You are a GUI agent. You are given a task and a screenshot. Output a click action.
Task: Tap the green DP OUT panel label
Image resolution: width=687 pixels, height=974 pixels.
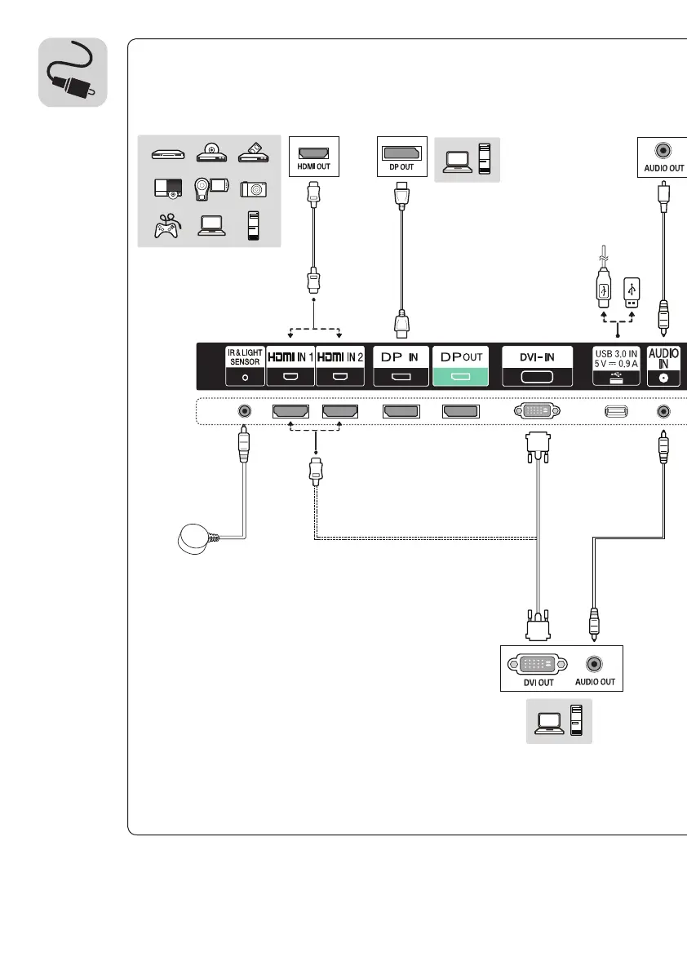pos(459,365)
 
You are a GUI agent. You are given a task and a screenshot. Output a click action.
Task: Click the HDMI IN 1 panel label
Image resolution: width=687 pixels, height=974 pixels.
pos(290,365)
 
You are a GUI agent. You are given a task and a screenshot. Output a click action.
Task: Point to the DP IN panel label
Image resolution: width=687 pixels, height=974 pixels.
pos(401,365)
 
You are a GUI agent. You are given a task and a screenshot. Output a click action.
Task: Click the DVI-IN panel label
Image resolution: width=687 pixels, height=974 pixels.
pos(538,365)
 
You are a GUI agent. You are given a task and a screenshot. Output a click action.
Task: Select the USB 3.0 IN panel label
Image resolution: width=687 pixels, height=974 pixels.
pos(616,365)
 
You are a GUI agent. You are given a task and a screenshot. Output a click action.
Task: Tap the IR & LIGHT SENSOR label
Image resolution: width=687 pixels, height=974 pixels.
pos(244,365)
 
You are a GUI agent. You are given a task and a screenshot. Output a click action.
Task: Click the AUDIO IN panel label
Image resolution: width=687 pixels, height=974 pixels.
pos(663,365)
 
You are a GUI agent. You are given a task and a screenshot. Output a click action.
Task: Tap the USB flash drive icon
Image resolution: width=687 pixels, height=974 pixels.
pos(631,290)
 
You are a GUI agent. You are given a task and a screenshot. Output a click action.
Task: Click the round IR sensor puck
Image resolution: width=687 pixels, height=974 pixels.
pos(194,538)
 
